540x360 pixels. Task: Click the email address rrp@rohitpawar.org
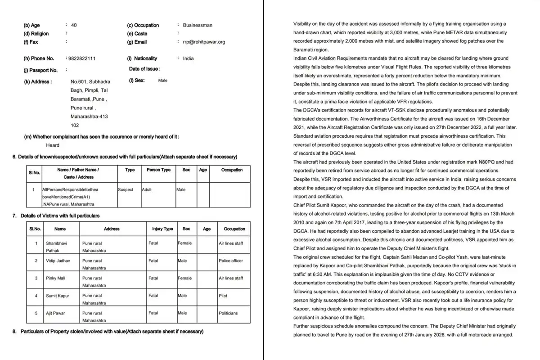[x=204, y=42]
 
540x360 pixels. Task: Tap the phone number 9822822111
[x=81, y=58]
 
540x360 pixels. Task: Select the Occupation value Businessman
[x=198, y=25]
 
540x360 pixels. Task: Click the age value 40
[x=74, y=25]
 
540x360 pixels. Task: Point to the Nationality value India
[x=189, y=58]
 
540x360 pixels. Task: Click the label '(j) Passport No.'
[x=40, y=70]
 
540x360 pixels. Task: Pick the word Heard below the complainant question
[x=52, y=145]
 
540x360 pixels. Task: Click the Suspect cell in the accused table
[x=126, y=190]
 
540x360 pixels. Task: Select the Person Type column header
[x=158, y=170]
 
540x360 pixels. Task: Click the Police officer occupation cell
[x=231, y=261]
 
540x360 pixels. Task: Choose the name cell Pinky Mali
[x=56, y=278]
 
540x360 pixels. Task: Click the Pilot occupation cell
[x=223, y=296]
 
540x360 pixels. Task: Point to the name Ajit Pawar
[x=56, y=313]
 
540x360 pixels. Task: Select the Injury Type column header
[x=162, y=229]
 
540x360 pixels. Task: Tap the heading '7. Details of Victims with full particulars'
[x=56, y=216]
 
